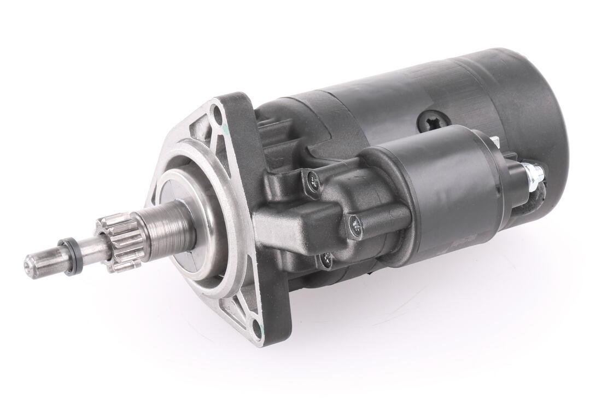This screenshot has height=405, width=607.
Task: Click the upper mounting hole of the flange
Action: coord(218,115)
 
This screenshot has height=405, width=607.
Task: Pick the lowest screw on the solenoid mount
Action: coord(326,261)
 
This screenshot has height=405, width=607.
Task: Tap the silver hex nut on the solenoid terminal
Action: coord(533,173)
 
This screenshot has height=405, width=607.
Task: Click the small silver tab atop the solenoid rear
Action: coord(495,142)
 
